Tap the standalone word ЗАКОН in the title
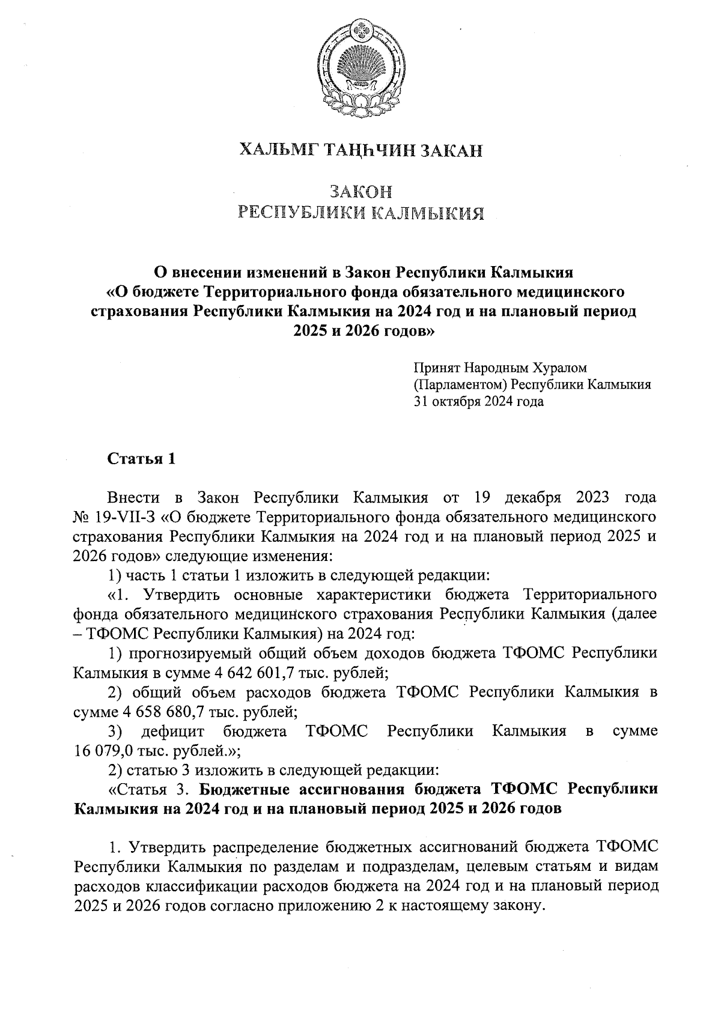pos(361,192)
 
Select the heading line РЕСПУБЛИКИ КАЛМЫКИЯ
pos(361,213)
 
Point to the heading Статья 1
pos(142,459)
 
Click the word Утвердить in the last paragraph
pos(161,848)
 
